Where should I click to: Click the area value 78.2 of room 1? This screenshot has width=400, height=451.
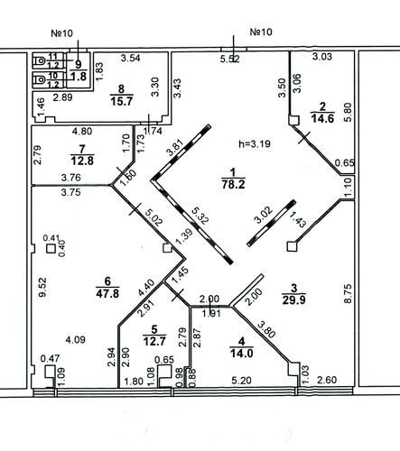point(233,184)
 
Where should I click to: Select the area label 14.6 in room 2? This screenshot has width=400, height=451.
point(322,118)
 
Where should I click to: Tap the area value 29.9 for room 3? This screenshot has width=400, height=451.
point(293,299)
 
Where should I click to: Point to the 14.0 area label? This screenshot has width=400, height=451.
point(241,353)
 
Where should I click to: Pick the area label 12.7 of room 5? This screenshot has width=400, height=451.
point(154,341)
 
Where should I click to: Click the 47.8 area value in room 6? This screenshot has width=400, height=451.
point(107,293)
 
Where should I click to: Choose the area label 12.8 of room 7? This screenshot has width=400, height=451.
point(82,161)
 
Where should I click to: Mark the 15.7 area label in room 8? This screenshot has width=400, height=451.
point(121,101)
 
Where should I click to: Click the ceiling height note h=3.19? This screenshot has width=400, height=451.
point(255,144)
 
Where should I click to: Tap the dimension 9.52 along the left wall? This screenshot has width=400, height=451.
point(43,287)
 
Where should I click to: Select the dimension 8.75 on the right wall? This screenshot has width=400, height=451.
point(348,293)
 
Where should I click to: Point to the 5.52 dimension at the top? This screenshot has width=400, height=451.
point(230,59)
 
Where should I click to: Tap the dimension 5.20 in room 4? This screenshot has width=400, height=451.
point(242,381)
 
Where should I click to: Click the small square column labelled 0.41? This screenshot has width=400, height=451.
point(51,249)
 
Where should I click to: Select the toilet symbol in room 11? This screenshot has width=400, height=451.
point(39,61)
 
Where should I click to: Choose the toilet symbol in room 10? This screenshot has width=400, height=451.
point(39,79)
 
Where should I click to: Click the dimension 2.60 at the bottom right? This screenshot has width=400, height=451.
point(327,380)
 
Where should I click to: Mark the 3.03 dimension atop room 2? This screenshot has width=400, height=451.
point(322,56)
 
